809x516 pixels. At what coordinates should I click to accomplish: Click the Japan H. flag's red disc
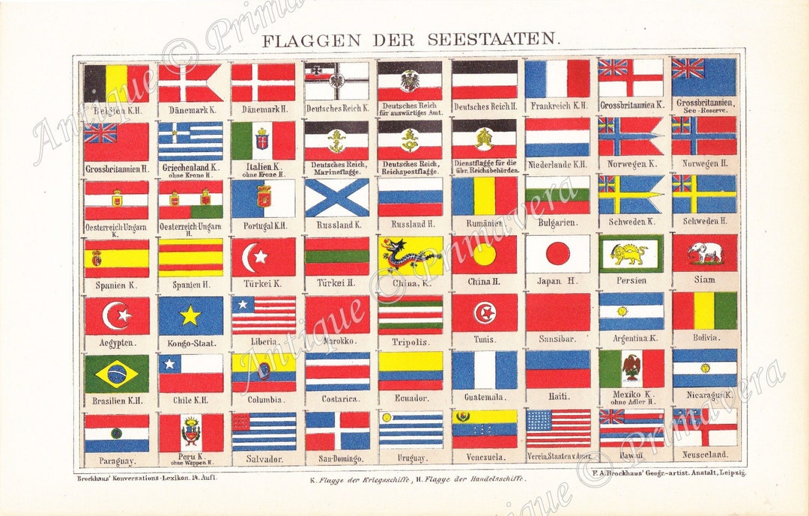(558, 254)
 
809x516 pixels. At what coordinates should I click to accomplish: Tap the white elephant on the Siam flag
(704, 252)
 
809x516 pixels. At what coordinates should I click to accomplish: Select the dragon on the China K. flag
(410, 255)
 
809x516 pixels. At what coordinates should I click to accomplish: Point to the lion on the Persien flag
(630, 255)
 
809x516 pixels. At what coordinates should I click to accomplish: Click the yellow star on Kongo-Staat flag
(190, 315)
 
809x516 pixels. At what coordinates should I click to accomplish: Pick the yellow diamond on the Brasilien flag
(117, 374)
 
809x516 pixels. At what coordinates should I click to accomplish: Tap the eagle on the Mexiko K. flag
(631, 367)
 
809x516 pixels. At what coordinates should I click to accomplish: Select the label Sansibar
(558, 339)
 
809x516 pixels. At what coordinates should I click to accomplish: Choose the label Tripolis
(410, 342)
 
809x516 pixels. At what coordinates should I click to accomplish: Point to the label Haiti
(558, 396)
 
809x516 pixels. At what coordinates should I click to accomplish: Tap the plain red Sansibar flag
(558, 312)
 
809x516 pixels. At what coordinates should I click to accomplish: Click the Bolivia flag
(704, 311)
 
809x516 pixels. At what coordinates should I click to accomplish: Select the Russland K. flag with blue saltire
(337, 197)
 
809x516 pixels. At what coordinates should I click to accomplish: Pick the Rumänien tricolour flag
(484, 196)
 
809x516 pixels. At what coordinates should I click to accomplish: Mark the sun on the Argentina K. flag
(622, 311)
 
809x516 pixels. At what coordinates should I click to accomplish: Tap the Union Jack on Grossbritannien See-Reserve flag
(688, 68)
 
